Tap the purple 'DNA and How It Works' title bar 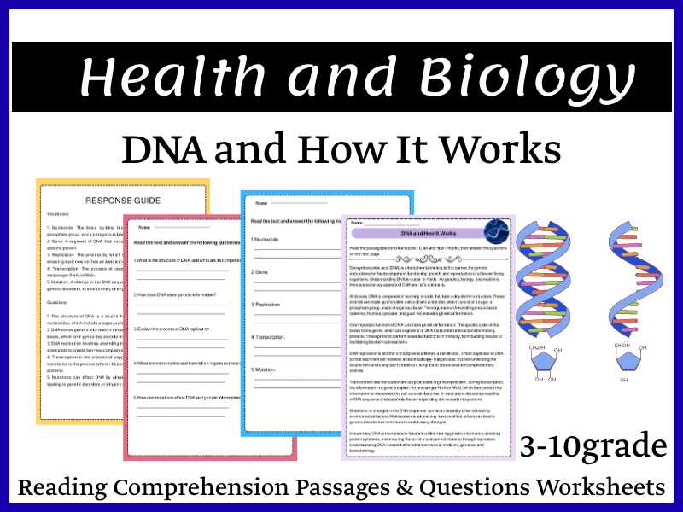(417, 233)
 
